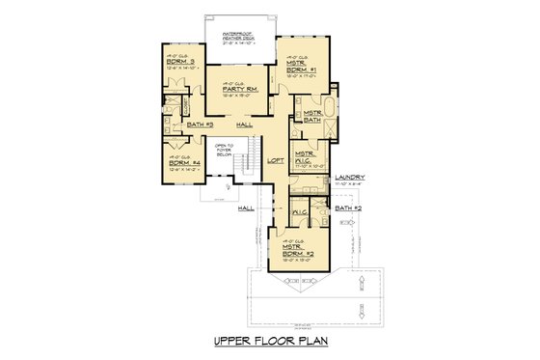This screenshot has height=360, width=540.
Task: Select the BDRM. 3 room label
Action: [x=179, y=62]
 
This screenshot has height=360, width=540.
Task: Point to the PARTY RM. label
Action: [x=237, y=90]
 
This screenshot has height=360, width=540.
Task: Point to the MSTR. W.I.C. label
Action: [x=306, y=155]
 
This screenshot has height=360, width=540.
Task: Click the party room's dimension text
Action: [x=237, y=97]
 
